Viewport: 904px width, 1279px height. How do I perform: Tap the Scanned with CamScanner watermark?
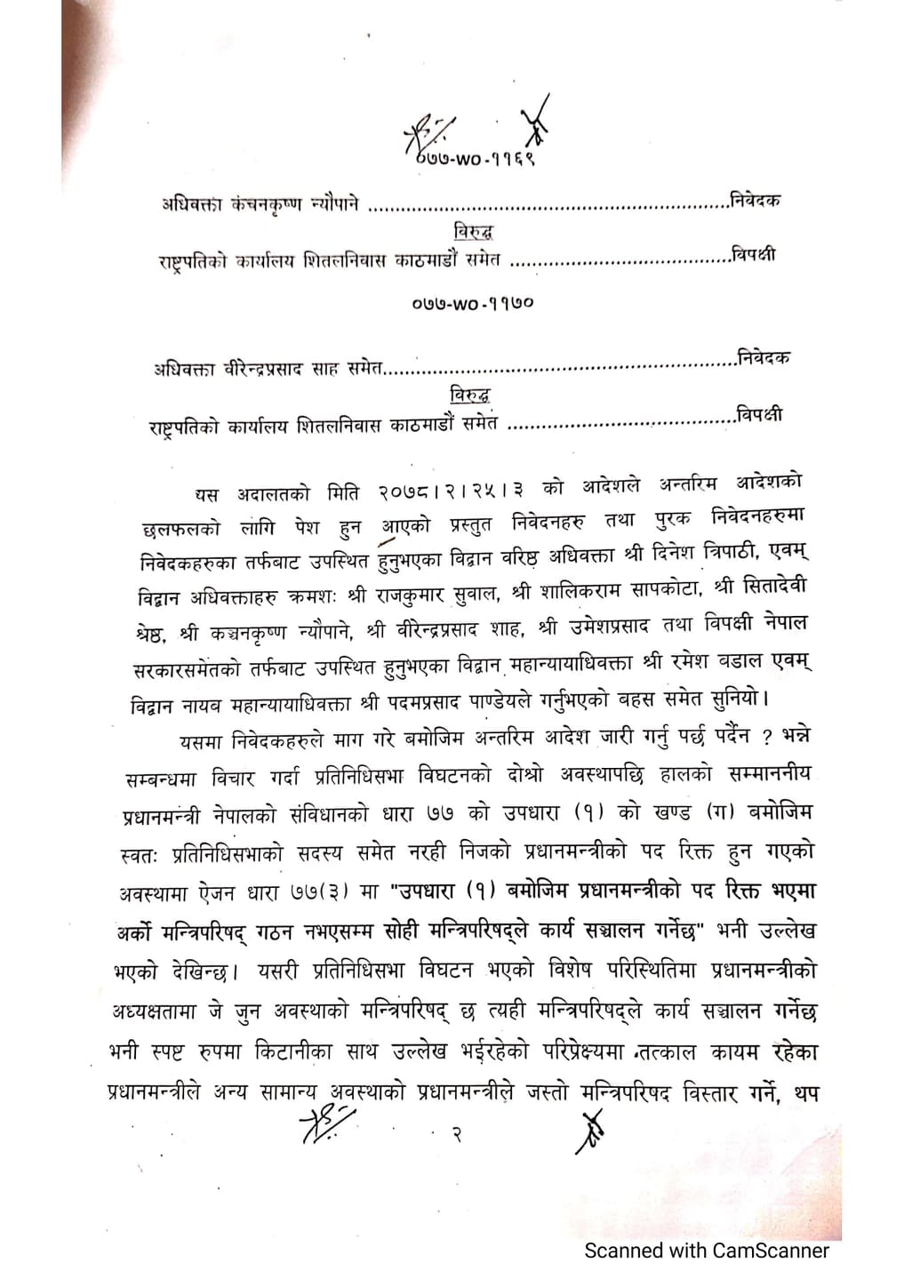tap(706, 1251)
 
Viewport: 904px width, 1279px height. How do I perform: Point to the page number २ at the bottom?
tap(455, 1134)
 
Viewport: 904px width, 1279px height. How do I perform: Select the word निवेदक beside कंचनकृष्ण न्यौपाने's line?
tap(755, 200)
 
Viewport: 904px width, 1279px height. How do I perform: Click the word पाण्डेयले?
tap(499, 700)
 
